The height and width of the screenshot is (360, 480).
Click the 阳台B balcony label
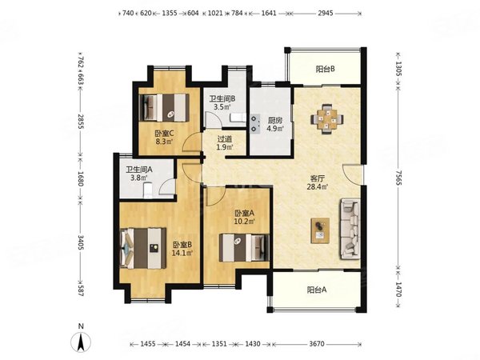tap(325, 69)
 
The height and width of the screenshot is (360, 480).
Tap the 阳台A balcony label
tap(317, 290)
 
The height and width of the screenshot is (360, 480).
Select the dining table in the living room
tap(327, 119)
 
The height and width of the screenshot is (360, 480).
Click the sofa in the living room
tap(350, 229)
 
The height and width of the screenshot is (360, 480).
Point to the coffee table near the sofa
tap(320, 230)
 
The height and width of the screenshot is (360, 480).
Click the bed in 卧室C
tap(164, 107)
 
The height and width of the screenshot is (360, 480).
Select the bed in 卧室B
tap(143, 248)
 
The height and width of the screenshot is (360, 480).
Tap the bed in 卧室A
tap(244, 248)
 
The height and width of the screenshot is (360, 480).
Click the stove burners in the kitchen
tap(254, 123)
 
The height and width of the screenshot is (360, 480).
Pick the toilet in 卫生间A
tap(147, 190)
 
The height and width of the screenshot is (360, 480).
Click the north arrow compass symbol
tap(81, 342)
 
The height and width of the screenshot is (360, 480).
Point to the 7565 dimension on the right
tap(398, 178)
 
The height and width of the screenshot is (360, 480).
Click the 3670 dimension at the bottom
tap(317, 344)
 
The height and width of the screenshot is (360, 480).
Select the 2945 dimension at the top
tap(325, 13)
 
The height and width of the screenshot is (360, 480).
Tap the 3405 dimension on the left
tap(81, 242)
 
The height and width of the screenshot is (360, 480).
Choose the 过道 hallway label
tap(224, 139)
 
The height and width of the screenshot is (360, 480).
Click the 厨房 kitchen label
tap(274, 120)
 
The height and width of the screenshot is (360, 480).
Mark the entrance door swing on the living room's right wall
tap(351, 174)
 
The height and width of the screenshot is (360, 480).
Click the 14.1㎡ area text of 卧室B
tap(182, 253)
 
